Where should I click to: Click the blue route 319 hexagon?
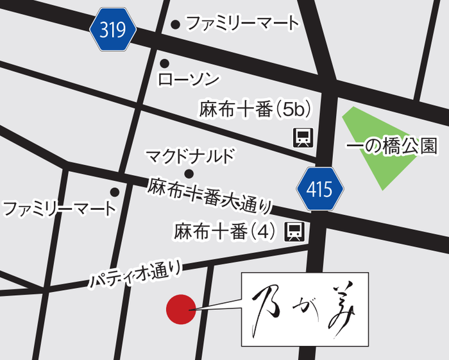click(114, 30)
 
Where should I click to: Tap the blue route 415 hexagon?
click(319, 189)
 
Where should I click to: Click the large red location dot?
click(181, 310)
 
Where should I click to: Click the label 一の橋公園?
click(391, 146)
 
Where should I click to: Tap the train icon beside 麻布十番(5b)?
click(303, 137)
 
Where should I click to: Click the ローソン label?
click(188, 80)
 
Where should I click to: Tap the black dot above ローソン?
click(164, 63)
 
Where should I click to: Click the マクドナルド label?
click(191, 156)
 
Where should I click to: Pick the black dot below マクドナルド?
click(189, 173)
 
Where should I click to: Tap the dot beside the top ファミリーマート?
click(174, 24)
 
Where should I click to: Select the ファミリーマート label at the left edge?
click(59, 209)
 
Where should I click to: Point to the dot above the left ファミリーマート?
click(115, 192)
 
